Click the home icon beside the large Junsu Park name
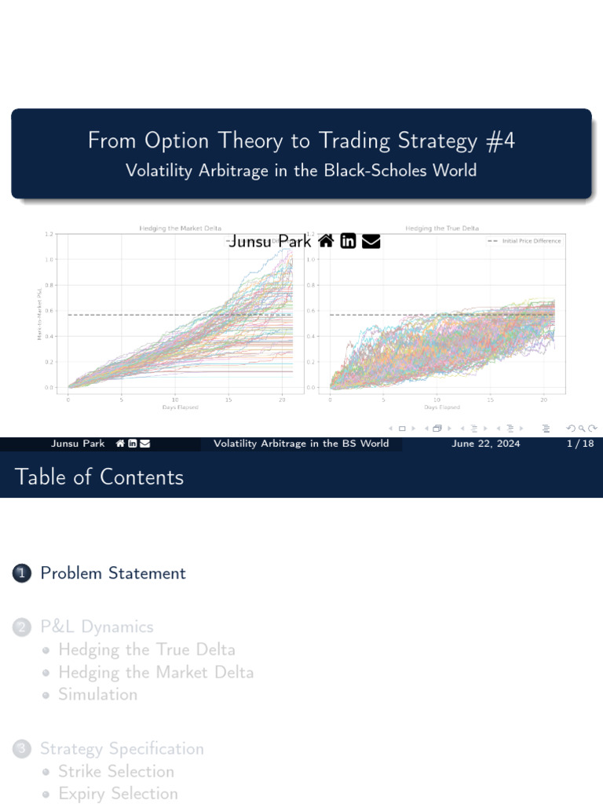coord(326,241)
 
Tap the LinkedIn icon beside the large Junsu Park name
coord(348,241)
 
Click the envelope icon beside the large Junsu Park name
coord(371,241)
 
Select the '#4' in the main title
coord(499,141)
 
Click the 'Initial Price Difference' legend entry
coord(531,241)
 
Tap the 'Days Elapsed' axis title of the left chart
coord(180,407)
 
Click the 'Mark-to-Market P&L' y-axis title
coord(39,314)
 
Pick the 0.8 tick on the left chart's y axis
coord(49,285)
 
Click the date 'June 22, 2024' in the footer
coord(485,444)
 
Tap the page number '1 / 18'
coord(579,444)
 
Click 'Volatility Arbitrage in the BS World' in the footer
coord(301,444)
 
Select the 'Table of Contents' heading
coord(99,477)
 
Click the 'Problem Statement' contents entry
coord(113,573)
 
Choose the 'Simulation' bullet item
coord(97,694)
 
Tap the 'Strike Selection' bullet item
coord(116,771)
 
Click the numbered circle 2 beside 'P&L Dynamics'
coord(21,627)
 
